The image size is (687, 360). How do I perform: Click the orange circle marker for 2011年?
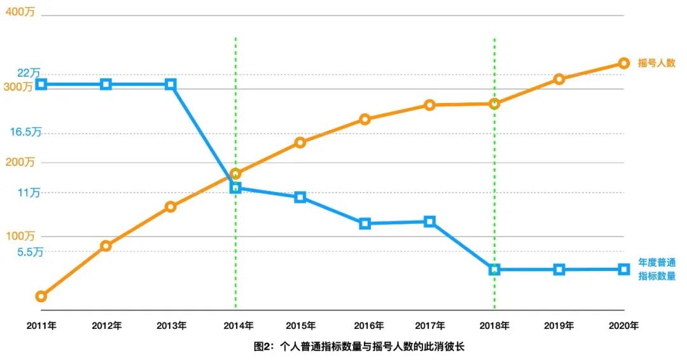click(41, 296)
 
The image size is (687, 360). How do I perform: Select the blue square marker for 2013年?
click(170, 85)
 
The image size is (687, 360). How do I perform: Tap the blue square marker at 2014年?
click(235, 188)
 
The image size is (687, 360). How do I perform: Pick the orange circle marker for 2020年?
click(624, 63)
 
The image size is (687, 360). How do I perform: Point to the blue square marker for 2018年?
click(494, 270)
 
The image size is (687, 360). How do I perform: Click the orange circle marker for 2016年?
click(364, 119)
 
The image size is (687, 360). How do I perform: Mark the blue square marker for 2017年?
click(429, 221)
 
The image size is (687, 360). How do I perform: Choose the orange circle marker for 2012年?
click(106, 246)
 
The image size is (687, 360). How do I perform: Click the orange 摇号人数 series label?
click(656, 63)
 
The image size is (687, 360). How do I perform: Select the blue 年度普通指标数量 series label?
click(656, 269)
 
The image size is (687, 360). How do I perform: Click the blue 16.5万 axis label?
click(25, 132)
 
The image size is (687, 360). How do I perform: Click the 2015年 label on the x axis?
click(300, 326)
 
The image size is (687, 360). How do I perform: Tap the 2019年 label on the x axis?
click(559, 326)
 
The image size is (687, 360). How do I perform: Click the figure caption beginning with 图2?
click(359, 347)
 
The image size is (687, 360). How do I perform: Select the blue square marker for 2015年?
click(300, 197)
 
